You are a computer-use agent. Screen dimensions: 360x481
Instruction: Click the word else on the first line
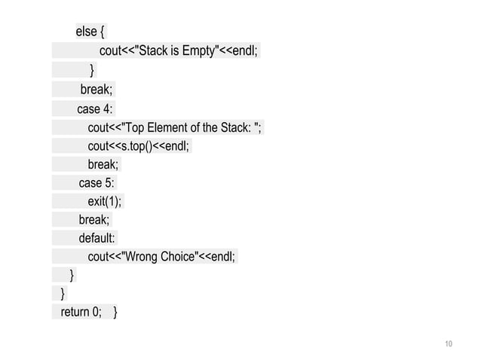[x=85, y=32]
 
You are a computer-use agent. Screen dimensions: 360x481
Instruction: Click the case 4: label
[x=95, y=109]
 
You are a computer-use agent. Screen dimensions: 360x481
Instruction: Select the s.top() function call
[x=136, y=145]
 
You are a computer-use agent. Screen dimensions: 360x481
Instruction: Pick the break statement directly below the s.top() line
[x=103, y=164]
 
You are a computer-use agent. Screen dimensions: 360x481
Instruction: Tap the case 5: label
[x=97, y=183]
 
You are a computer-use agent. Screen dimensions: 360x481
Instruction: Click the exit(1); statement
[x=104, y=201]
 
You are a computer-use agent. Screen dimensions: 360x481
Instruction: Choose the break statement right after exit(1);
[x=93, y=219]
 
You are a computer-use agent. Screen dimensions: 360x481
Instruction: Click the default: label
[x=97, y=238]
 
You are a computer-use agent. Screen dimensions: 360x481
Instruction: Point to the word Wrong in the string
[x=143, y=257]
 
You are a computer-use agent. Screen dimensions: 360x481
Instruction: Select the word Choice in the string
[x=177, y=257]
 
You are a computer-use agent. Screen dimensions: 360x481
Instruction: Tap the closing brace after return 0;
[x=115, y=312]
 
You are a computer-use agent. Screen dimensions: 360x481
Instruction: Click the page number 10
[x=449, y=344]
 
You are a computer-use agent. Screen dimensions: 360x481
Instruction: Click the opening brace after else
[x=103, y=32]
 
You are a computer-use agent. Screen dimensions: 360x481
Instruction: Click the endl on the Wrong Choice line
[x=222, y=257]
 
